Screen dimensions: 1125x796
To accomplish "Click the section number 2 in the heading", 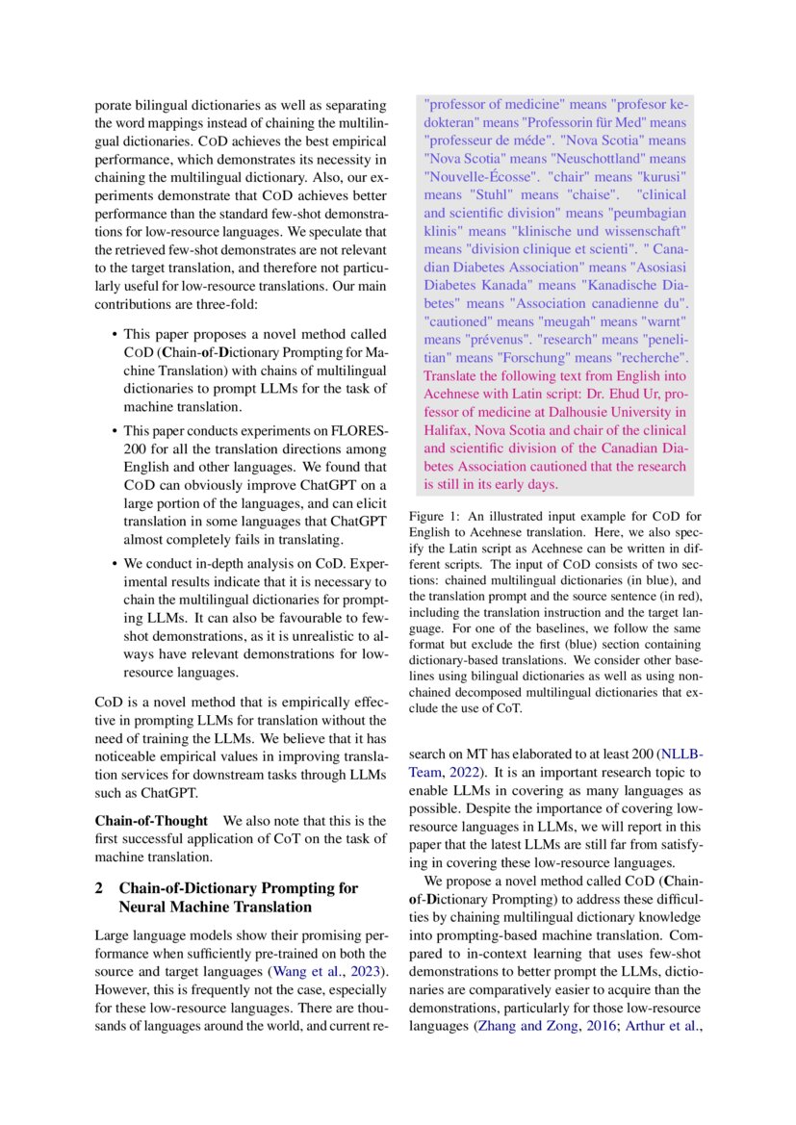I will point(99,887).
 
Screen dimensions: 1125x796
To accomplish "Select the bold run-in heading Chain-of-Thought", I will point(150,821).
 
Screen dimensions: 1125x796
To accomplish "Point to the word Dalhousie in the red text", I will point(580,412).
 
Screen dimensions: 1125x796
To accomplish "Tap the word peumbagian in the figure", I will point(644,213).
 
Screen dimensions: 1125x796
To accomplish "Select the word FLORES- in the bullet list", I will point(359,430).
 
